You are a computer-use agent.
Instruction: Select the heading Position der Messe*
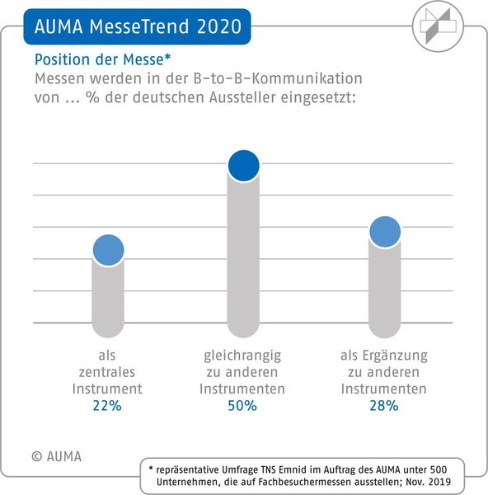point(102,59)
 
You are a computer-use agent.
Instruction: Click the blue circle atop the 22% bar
point(108,250)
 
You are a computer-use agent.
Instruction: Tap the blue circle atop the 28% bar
point(384,233)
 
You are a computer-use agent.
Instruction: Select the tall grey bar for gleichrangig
point(243,256)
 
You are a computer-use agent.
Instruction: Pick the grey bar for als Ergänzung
point(384,289)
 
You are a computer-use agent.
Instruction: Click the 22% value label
point(107,406)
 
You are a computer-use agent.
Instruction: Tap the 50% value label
point(243,406)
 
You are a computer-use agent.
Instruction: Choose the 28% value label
point(384,406)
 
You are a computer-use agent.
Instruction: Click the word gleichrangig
point(243,356)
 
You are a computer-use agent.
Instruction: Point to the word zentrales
point(107,372)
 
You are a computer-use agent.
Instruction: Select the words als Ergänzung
point(384,356)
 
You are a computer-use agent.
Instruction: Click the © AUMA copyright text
point(57,455)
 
